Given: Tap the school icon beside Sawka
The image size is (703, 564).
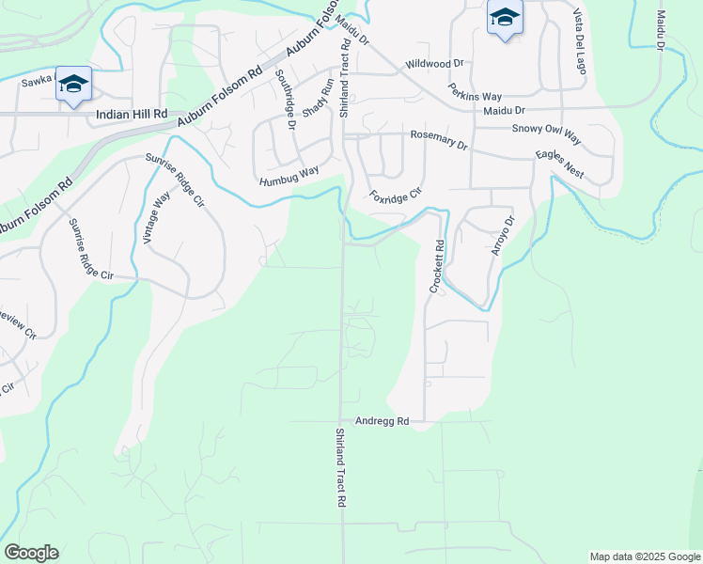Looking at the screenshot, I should coord(73,86).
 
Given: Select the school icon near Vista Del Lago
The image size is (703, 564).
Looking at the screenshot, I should coord(505,18).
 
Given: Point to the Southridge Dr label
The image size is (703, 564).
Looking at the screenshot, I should coord(284,100).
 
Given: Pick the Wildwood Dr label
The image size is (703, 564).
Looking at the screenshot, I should coord(434,64).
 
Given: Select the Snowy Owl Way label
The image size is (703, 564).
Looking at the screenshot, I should coord(547,134).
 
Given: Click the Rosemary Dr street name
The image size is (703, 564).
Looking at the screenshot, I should coord(438,139).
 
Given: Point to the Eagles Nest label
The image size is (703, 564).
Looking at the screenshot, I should coord(559,163).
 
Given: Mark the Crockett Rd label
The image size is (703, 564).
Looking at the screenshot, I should coord(438,267).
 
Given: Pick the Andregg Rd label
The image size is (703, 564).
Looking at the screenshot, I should coord(383,422).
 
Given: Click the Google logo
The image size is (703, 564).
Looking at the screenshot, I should coord(31,553).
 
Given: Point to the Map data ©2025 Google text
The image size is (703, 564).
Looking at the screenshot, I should coord(645,556).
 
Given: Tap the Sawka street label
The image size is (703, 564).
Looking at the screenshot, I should coord(38,83).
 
